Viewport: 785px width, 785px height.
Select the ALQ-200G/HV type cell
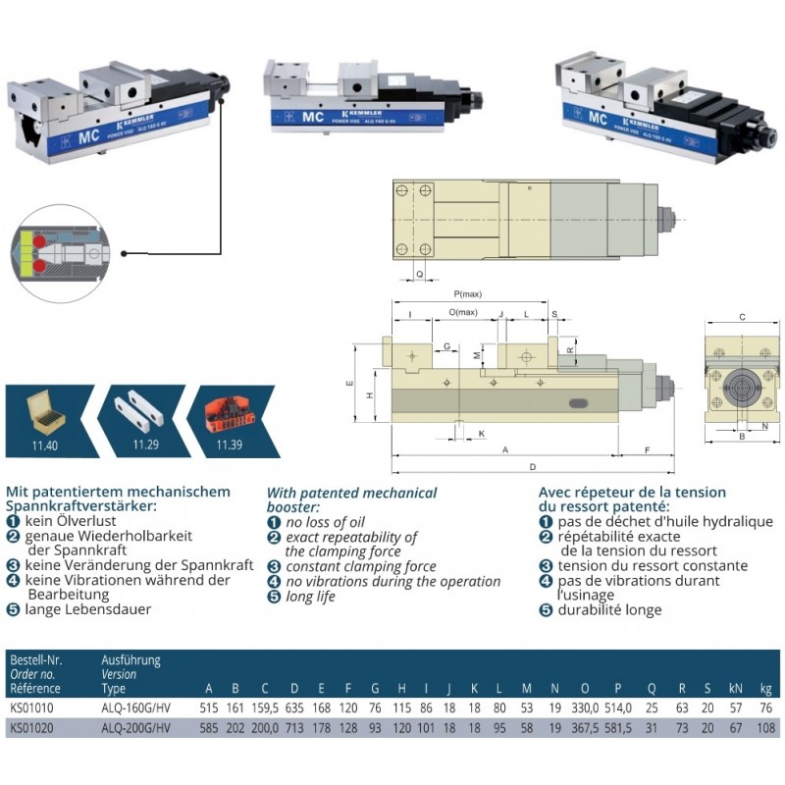[136, 729]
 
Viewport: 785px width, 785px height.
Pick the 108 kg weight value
[767, 729]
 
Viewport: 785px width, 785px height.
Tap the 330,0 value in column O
[585, 707]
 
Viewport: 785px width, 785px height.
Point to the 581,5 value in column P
[616, 729]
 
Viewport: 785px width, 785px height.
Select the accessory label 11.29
[145, 445]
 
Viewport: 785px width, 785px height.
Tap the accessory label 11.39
[229, 445]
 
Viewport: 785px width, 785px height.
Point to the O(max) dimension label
[463, 312]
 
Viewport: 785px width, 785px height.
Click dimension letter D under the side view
[532, 465]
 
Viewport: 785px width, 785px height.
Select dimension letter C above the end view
[742, 317]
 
